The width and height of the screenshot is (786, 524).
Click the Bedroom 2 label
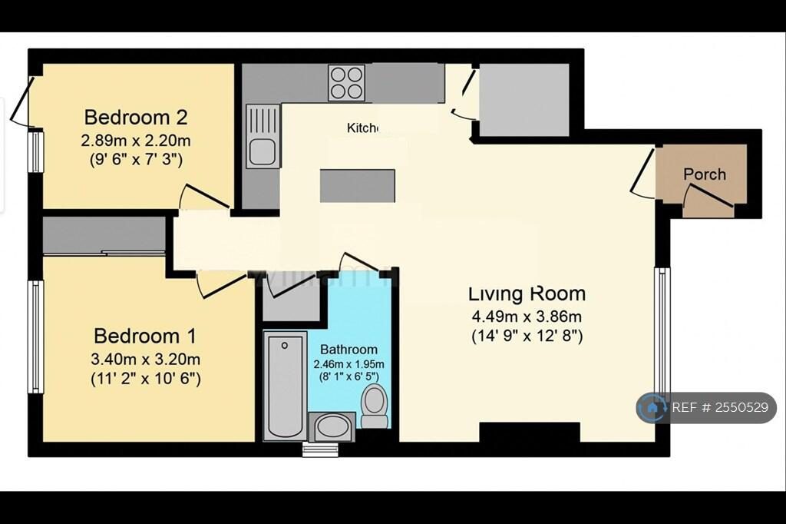pos(136,118)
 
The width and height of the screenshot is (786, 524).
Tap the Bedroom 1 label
pos(145,336)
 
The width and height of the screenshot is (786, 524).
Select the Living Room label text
pos(527,294)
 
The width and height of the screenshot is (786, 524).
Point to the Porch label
pos(704,174)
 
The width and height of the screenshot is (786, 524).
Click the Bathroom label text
pos(348,349)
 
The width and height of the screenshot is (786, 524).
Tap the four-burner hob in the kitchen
pos(346,82)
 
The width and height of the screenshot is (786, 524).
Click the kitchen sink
pos(262,138)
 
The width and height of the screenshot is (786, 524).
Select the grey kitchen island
pos(357,186)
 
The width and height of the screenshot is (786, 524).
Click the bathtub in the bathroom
pos(285,385)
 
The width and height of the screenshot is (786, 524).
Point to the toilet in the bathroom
pos(375,406)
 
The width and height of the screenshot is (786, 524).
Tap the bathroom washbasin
pos(332,426)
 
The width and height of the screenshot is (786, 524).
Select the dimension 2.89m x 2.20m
pos(136,141)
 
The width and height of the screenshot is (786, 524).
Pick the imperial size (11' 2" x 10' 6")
pos(146,378)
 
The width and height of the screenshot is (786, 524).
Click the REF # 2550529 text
pos(719,408)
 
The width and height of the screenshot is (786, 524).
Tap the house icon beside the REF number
pos(653,408)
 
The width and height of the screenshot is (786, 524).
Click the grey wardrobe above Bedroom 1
pos(104,234)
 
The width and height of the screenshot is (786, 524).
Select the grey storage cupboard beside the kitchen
pos(523,100)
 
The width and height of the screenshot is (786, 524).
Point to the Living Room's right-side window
pos(662,330)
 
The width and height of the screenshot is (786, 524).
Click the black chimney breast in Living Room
pos(530,433)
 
